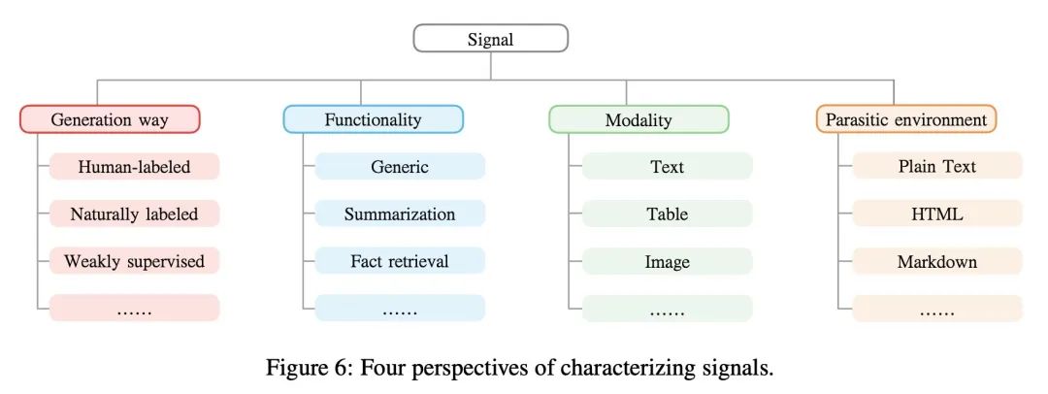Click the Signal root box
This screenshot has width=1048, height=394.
(x=491, y=39)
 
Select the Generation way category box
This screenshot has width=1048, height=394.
(x=110, y=119)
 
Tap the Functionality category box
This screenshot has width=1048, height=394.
(x=373, y=119)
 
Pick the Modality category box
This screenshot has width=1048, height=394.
(x=639, y=119)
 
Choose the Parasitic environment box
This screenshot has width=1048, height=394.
(x=906, y=119)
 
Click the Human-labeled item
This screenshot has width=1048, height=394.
(x=134, y=167)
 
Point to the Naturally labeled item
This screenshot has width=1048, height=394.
(x=134, y=214)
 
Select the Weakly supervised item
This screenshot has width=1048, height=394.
(x=134, y=261)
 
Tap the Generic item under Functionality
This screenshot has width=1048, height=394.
(x=400, y=167)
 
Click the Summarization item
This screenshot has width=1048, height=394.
(x=400, y=214)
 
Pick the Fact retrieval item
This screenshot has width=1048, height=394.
(x=400, y=261)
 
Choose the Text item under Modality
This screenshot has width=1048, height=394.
(x=667, y=167)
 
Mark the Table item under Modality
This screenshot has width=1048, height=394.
(x=667, y=214)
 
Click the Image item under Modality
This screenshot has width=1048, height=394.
(x=667, y=261)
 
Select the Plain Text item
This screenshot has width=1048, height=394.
(x=937, y=167)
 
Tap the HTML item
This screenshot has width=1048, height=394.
(x=937, y=214)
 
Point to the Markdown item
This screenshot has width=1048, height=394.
(x=937, y=261)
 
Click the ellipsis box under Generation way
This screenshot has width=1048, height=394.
(x=134, y=309)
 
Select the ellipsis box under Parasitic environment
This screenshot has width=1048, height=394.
(x=937, y=309)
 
